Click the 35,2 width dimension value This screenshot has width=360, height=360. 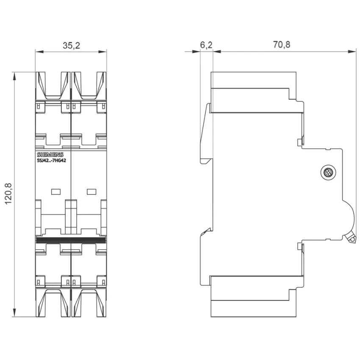tap(72, 45)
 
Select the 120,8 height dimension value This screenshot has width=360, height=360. tap(8, 194)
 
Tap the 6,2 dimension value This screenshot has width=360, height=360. tap(206, 45)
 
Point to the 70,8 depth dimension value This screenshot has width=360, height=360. tap(282, 44)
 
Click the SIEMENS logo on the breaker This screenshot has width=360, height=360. tap(50, 155)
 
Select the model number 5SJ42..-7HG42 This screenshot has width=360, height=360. tap(51, 161)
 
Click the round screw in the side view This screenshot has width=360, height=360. tap(328, 172)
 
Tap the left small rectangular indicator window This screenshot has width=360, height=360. tap(56, 191)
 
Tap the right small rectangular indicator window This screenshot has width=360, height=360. tap(91, 191)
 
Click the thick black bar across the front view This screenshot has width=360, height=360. tap(71, 240)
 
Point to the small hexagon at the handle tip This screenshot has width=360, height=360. tap(352, 240)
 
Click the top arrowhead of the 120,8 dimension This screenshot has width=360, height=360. tap(14, 76)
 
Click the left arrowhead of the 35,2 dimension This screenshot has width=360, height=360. tap(39, 52)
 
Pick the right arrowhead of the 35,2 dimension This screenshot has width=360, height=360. tap(102, 52)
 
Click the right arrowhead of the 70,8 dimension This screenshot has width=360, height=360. tap(352, 52)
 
